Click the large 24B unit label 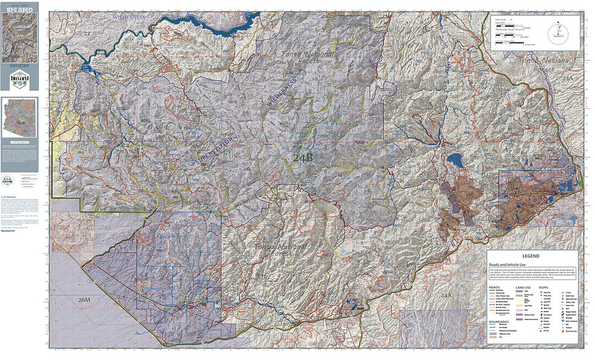(303, 158)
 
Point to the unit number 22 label (87, 33)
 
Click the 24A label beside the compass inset (567, 79)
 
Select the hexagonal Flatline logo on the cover (19, 80)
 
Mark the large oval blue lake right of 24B (454, 160)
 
